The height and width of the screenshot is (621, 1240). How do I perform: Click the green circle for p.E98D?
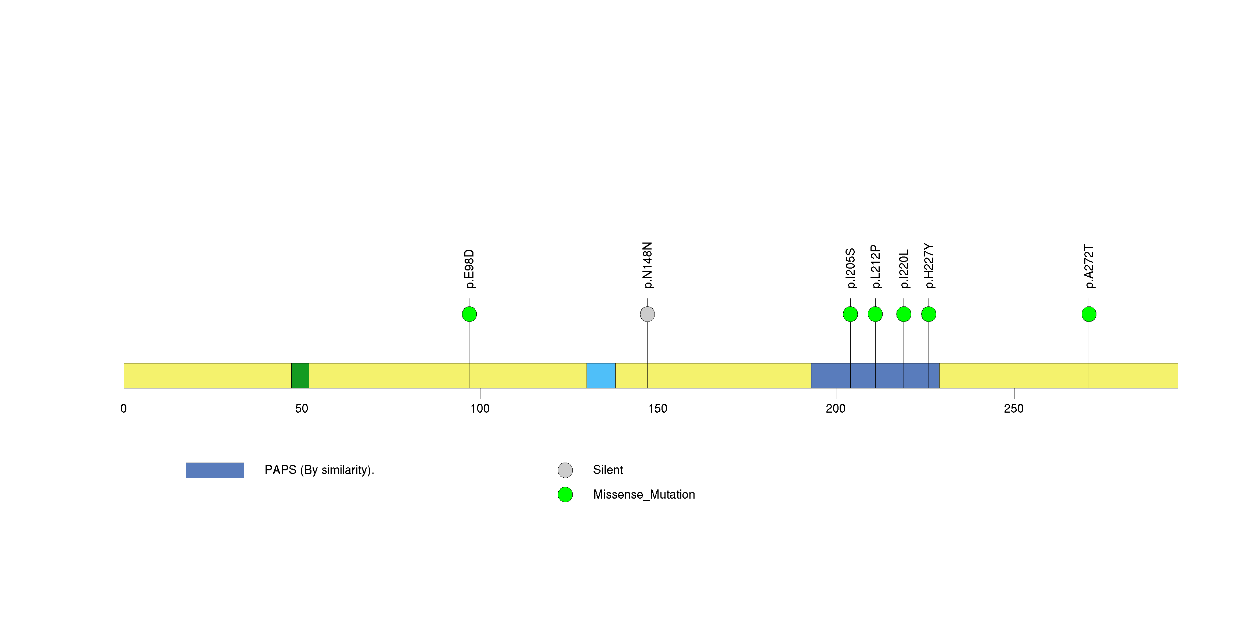[469, 314]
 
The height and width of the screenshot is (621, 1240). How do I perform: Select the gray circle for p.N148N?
[648, 314]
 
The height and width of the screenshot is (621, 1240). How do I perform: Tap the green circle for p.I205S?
[851, 314]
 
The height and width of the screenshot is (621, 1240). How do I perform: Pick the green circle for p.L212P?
[876, 314]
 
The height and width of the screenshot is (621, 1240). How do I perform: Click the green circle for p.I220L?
[904, 314]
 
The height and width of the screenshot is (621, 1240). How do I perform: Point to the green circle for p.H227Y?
[929, 314]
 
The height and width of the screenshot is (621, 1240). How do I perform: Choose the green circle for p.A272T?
[1089, 314]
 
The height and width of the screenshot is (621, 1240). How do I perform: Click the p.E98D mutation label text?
[469, 269]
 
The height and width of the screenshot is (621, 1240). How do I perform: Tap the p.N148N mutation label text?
[648, 265]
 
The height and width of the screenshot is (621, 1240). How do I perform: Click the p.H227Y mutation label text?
[929, 266]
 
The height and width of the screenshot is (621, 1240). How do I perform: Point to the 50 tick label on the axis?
[302, 409]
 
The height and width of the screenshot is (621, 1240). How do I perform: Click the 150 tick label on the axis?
[658, 409]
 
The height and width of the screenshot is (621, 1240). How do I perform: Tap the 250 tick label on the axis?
[1014, 409]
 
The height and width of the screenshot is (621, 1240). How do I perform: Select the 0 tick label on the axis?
[124, 409]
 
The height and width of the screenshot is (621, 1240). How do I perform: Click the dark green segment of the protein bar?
[300, 376]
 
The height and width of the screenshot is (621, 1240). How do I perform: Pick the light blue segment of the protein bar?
[601, 376]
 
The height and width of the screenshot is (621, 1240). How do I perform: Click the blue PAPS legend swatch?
[215, 470]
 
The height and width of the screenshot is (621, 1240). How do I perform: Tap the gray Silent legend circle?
[566, 470]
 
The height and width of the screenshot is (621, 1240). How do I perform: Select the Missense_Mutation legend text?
[644, 495]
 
